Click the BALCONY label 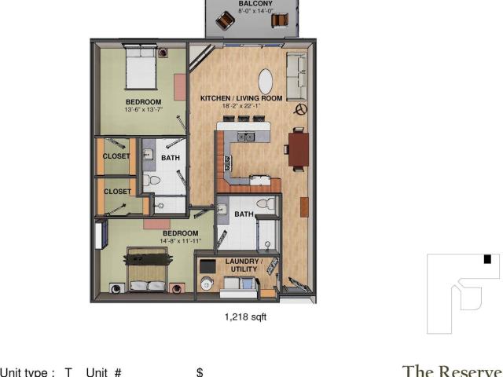tap(255, 3)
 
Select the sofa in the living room tap(297, 77)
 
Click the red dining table tap(299, 149)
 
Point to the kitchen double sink tap(246, 137)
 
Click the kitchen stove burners tap(228, 163)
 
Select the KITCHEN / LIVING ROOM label tap(241, 98)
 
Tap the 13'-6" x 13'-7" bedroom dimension tap(144, 109)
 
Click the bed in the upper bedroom tap(141, 68)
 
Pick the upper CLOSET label tap(116, 156)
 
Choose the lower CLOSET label tap(117, 192)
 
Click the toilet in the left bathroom tap(152, 181)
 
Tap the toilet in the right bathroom tap(266, 203)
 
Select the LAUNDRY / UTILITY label tap(244, 265)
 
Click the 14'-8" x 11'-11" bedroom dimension tap(180, 241)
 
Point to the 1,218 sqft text tap(245, 317)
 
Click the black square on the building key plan tap(487, 259)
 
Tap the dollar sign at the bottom tap(200, 372)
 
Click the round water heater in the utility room tap(207, 284)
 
